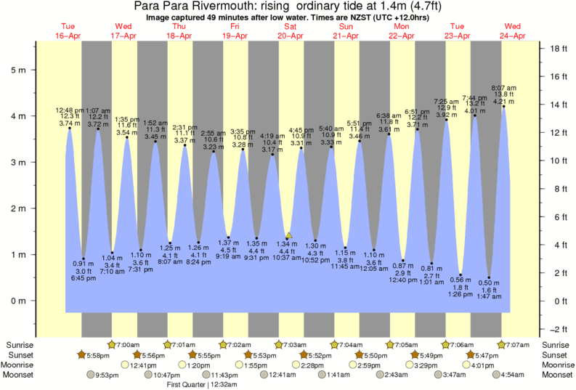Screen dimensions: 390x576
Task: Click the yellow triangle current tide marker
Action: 288,235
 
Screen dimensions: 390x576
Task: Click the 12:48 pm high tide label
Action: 70,110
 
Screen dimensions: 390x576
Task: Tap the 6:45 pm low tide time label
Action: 84,280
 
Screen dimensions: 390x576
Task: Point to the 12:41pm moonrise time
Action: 142,365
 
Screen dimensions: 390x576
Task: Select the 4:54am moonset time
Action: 511,375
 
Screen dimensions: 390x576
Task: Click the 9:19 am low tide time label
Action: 227,256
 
